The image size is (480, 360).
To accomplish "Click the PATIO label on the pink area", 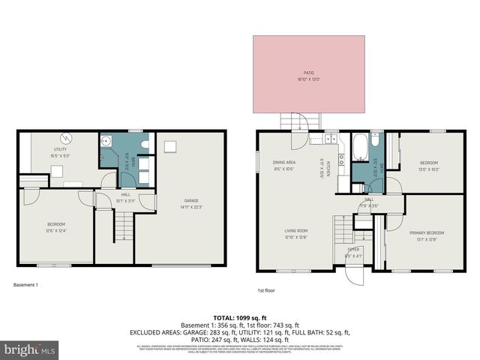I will pyautogui.click(x=308, y=73).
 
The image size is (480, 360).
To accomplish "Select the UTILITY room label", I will pyautogui.click(x=59, y=150).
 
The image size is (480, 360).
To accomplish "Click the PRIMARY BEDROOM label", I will pyautogui.click(x=427, y=233).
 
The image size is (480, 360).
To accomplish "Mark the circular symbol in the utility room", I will pyautogui.click(x=66, y=137).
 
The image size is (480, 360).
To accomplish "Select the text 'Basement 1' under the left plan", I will pyautogui.click(x=26, y=285).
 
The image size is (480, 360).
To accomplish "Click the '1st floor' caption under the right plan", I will pyautogui.click(x=266, y=291).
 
